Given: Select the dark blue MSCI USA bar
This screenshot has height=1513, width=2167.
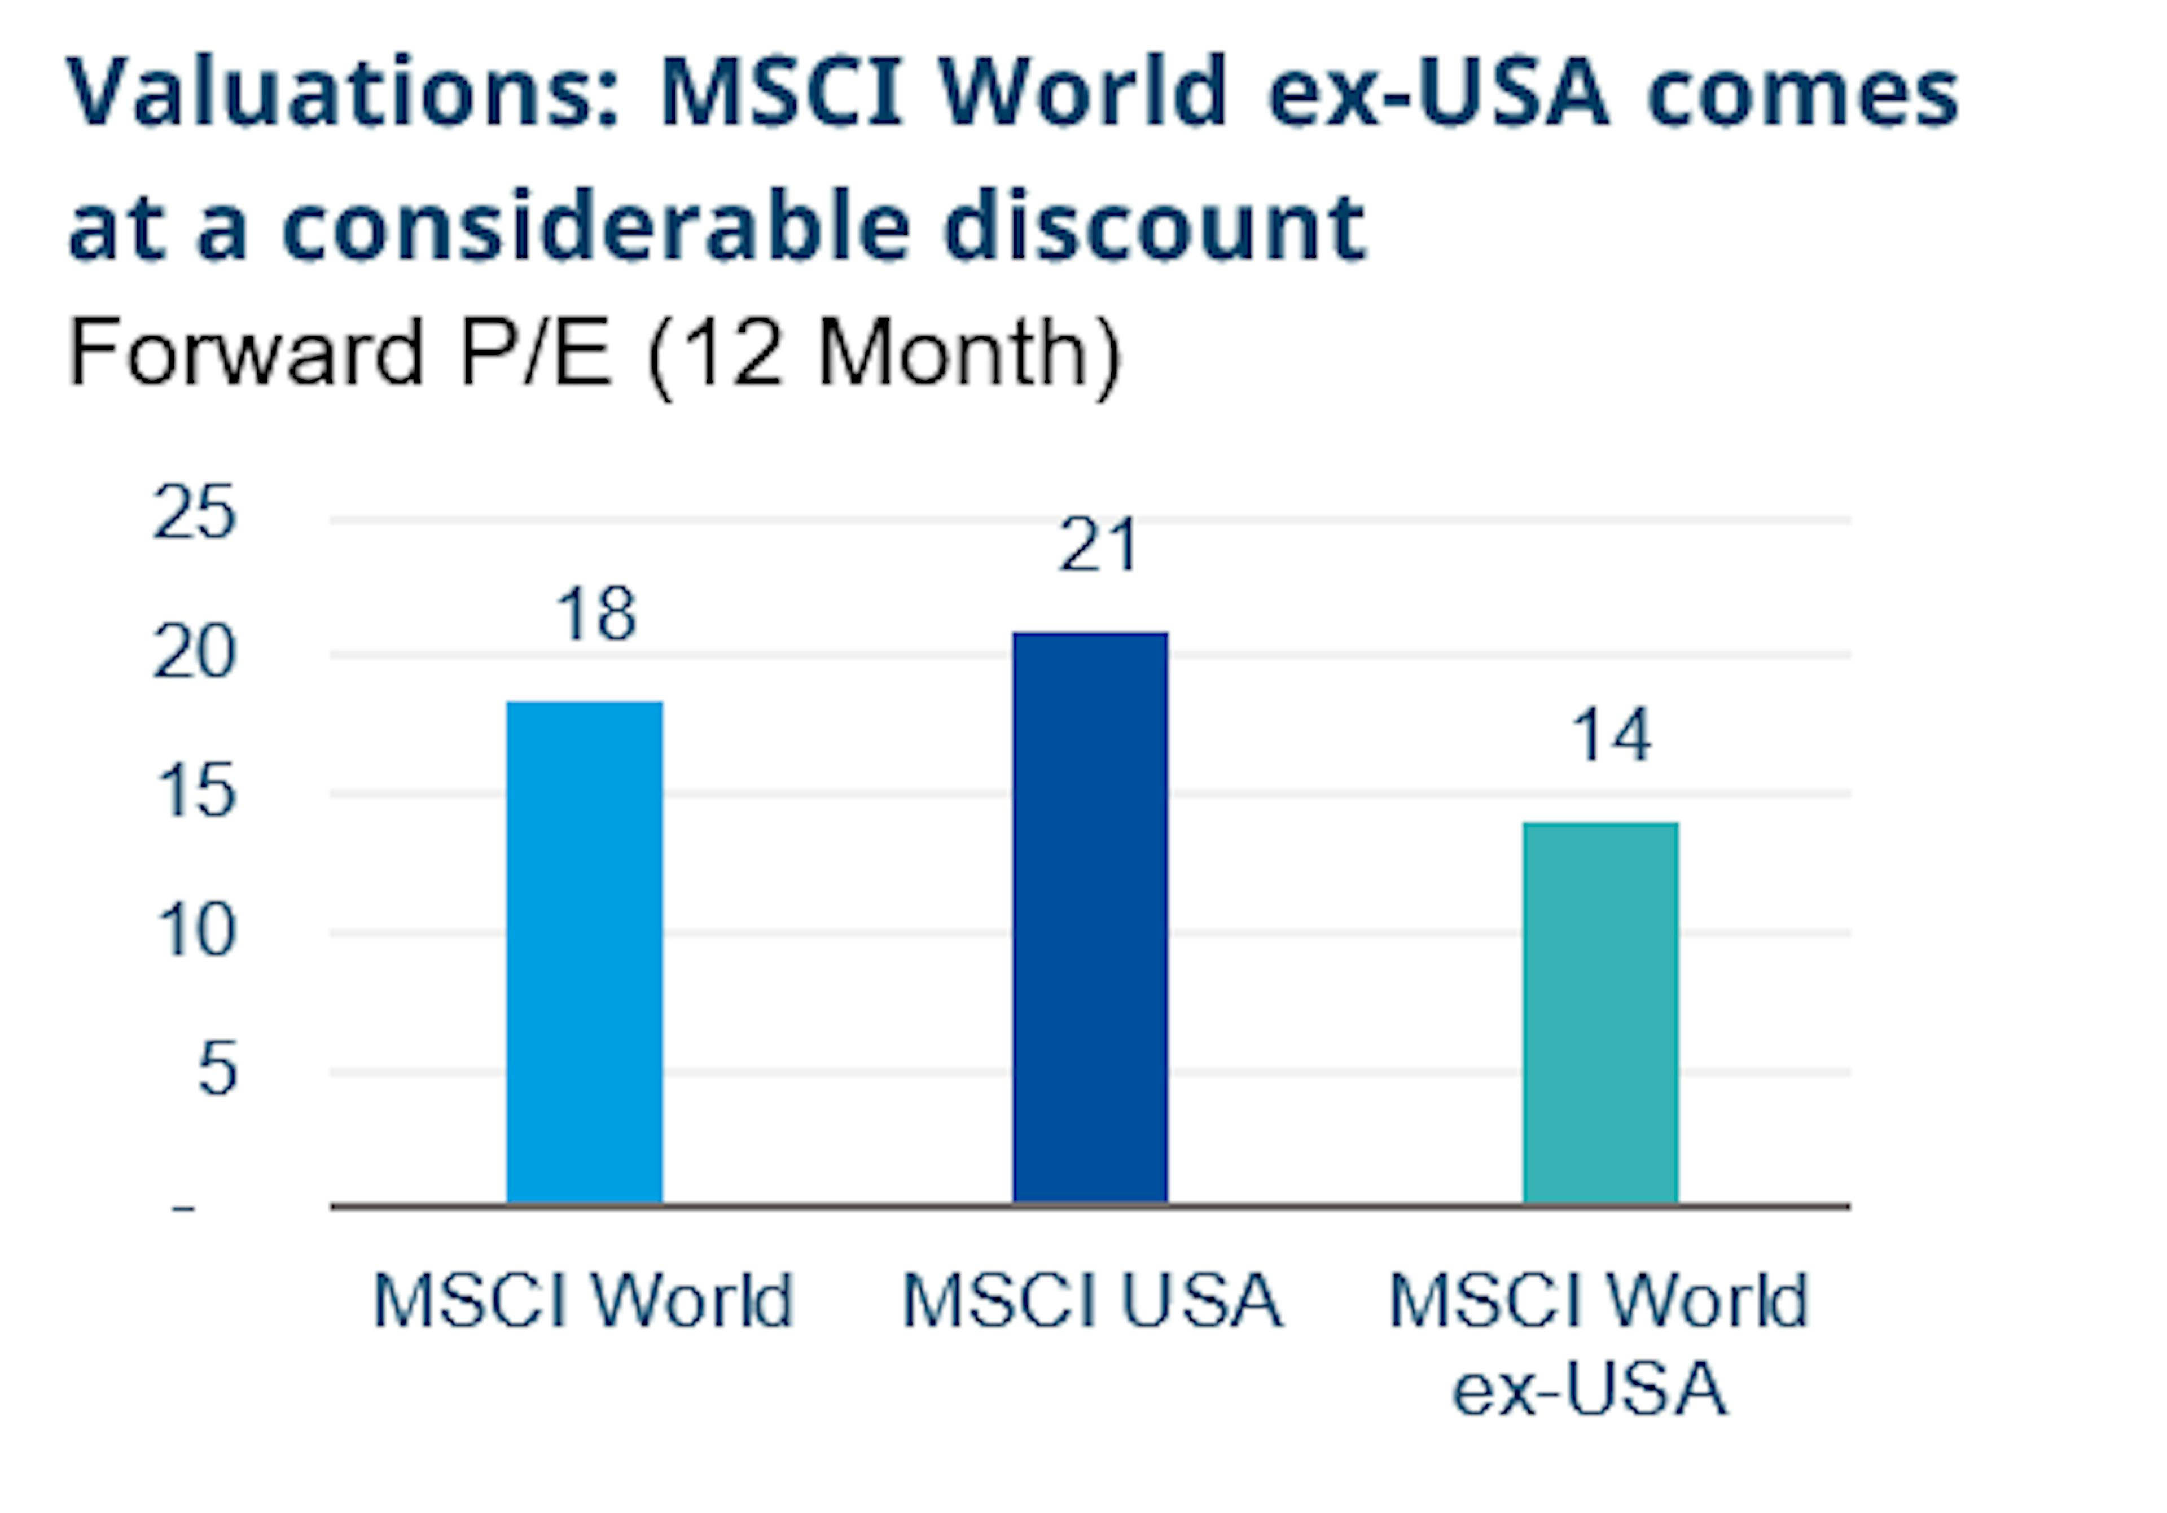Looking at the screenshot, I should click(x=1090, y=918).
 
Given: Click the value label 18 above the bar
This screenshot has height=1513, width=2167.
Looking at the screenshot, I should click(x=596, y=615).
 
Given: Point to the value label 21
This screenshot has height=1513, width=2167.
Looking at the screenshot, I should click(x=1098, y=546).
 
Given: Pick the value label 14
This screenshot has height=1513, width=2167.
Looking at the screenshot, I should click(x=1610, y=735).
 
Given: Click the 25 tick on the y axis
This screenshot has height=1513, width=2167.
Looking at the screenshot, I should click(x=194, y=512).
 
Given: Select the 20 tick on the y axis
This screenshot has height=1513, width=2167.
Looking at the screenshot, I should click(x=194, y=652).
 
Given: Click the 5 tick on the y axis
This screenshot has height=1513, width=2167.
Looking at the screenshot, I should click(x=216, y=1069).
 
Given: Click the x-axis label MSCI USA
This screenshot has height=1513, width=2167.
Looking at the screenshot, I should click(x=1092, y=1301).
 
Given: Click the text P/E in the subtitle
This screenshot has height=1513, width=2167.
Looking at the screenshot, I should click(x=535, y=352).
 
